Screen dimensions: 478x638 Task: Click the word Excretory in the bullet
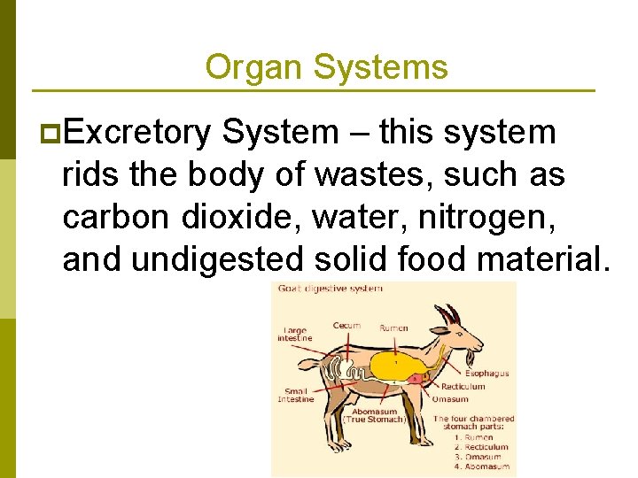[x=137, y=133]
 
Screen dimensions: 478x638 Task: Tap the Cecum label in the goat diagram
[x=346, y=326]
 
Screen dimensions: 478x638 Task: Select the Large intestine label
[x=294, y=334]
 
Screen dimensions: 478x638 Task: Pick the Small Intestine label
[x=295, y=394]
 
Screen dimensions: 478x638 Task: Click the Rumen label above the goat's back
[x=393, y=328]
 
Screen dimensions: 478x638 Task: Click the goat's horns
[x=450, y=314]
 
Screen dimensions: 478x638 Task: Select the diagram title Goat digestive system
[x=331, y=289]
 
